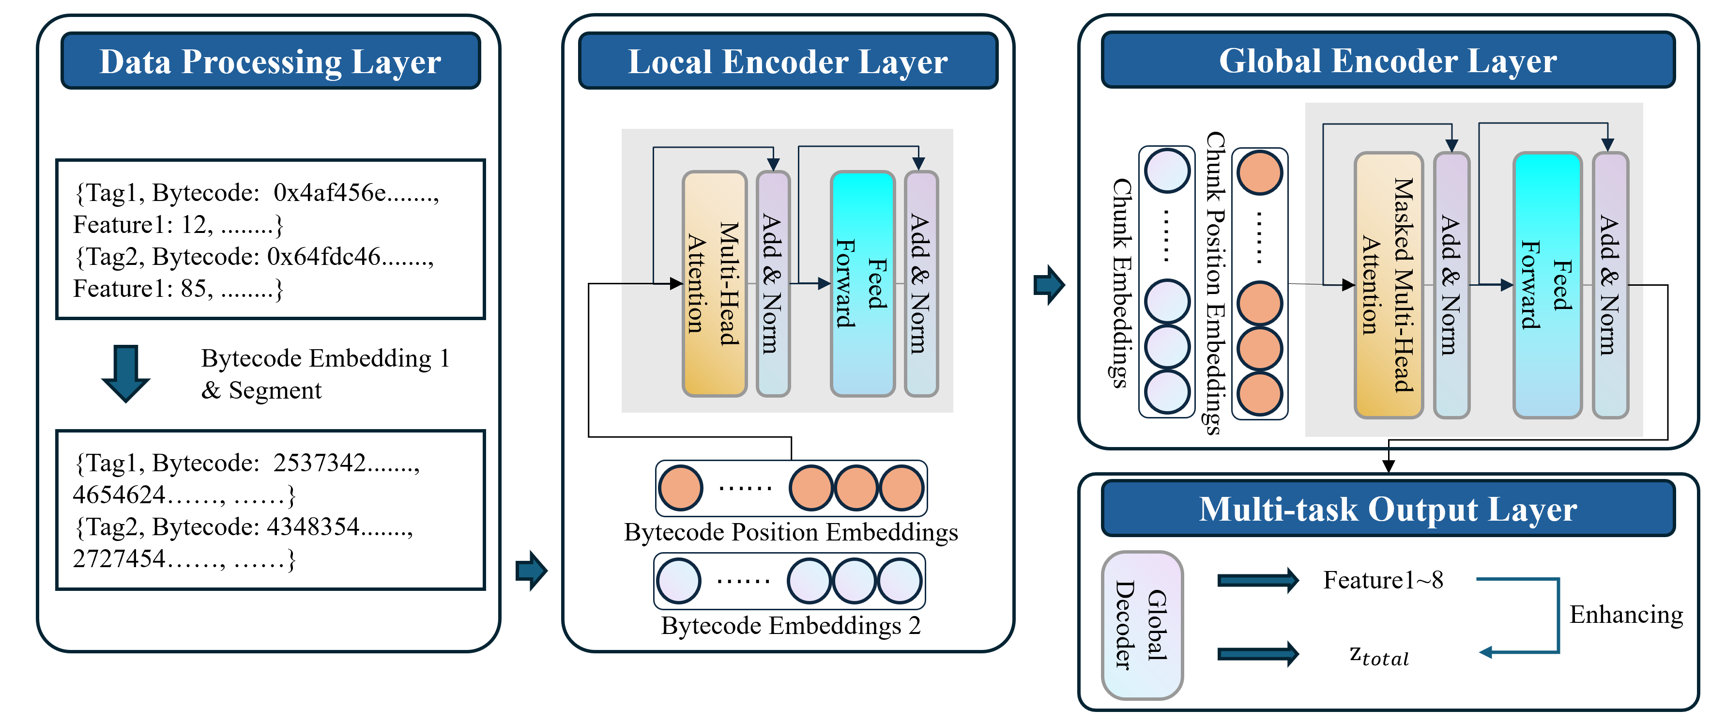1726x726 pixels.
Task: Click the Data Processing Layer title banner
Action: point(270,61)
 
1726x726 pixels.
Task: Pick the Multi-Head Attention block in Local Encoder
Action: point(714,283)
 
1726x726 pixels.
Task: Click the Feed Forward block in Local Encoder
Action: point(862,283)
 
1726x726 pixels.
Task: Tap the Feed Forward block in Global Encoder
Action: point(1546,285)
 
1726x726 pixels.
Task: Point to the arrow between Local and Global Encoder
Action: point(1049,285)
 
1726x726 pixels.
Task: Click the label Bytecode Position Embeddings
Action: point(791,532)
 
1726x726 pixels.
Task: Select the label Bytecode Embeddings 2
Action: point(791,625)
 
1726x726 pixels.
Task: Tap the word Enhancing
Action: point(1625,614)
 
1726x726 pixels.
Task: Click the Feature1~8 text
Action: point(1382,580)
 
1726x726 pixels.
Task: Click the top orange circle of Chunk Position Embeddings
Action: point(1260,172)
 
